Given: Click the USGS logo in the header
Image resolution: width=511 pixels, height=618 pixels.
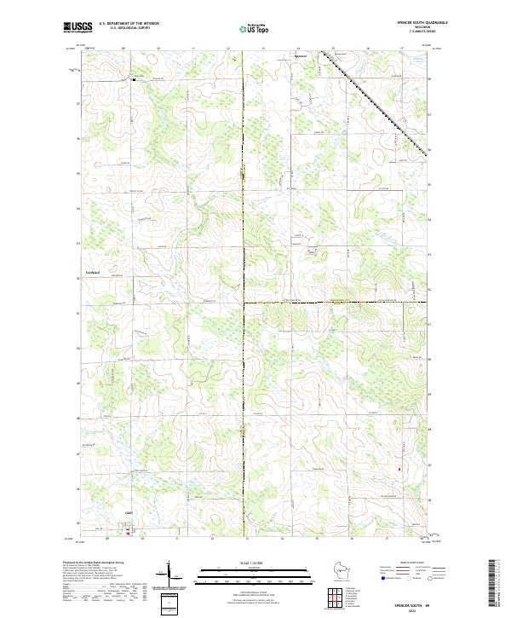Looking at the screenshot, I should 78,27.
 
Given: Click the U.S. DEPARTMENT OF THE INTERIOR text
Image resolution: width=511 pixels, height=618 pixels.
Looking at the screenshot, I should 129,23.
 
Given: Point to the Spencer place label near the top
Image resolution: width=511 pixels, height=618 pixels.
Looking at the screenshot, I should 298,57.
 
